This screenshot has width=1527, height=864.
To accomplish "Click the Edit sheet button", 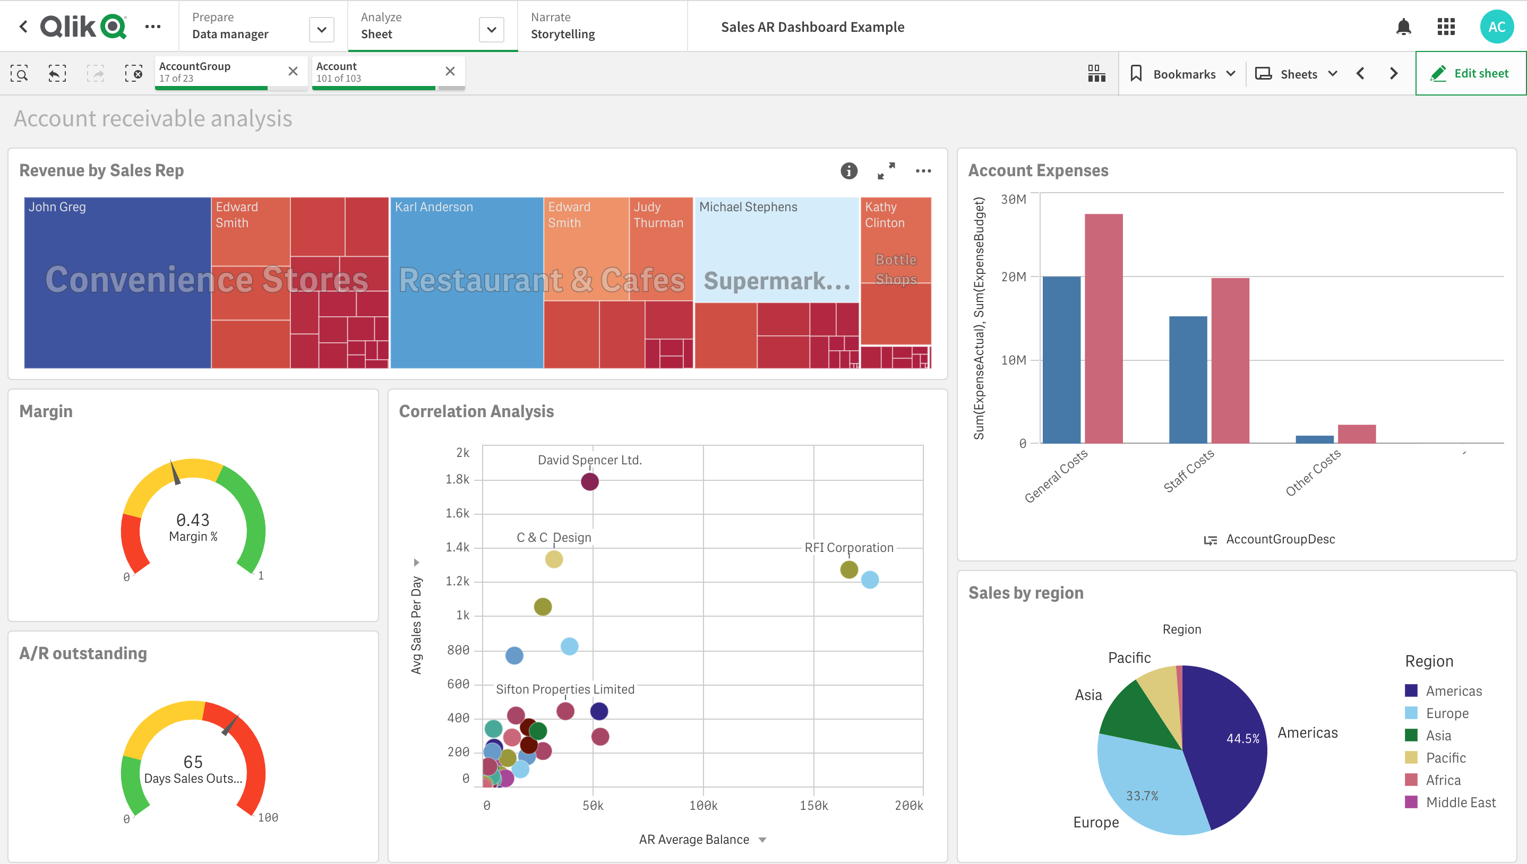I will (1470, 74).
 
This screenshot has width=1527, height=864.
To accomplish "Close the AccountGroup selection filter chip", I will (293, 72).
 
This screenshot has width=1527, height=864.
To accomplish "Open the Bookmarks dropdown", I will (1183, 74).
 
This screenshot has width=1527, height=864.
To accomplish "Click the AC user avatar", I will (1496, 27).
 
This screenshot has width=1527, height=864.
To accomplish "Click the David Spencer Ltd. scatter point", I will (589, 482).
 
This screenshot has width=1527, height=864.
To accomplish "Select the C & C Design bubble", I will (554, 559).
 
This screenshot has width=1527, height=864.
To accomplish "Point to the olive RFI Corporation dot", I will (848, 569).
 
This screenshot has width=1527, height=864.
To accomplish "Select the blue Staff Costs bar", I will (1188, 380).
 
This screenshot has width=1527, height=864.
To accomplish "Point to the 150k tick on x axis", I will (813, 805).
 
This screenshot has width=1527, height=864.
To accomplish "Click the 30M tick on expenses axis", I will (1013, 200).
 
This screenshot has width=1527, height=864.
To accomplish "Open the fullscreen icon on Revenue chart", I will (886, 171).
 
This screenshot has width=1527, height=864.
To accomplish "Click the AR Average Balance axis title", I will (694, 839).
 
